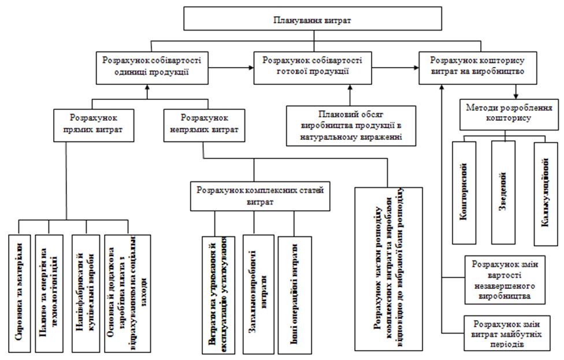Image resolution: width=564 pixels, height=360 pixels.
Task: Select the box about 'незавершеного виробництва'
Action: point(502,280)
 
